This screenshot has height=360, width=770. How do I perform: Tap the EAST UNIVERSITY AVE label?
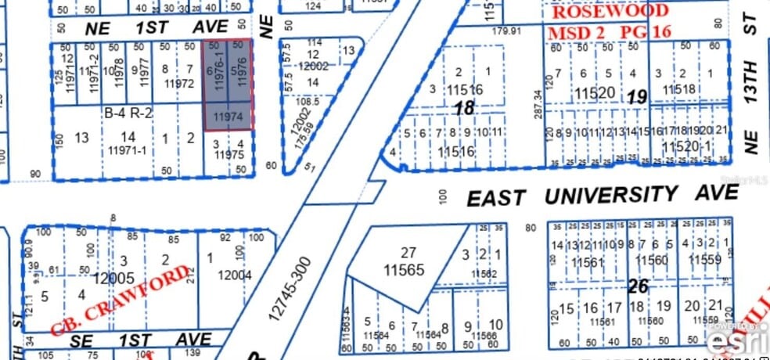[x=602, y=196]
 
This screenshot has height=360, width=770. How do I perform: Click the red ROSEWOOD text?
[x=609, y=11]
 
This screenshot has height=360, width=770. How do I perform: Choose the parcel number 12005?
[x=113, y=277]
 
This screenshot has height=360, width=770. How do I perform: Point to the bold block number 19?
[x=635, y=98]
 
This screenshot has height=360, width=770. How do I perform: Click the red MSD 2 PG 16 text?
[x=610, y=34]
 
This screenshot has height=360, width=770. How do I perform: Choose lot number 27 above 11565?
[x=408, y=253]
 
